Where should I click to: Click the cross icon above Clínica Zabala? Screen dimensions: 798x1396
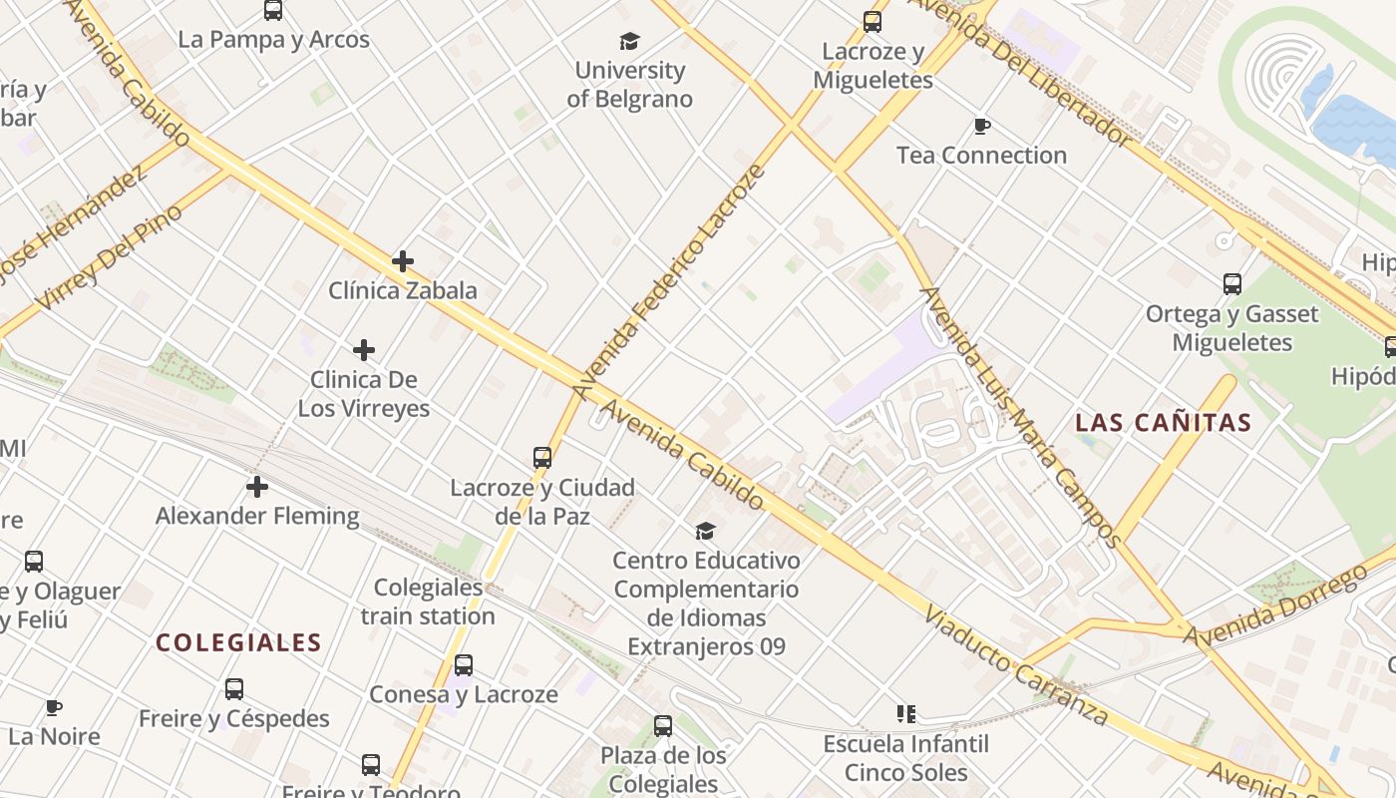[403, 261]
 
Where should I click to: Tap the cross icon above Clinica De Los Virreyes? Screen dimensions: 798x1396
[364, 350]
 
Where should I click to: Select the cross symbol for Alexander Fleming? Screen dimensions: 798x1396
[257, 487]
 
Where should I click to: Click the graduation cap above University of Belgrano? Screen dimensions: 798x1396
[629, 41]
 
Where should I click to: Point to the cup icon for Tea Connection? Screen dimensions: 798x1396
[982, 126]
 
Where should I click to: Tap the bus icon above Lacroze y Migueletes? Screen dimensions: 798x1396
[872, 21]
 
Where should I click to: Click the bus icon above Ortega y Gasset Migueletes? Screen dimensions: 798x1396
[1232, 284]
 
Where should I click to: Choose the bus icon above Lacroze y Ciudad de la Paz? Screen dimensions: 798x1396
[542, 458]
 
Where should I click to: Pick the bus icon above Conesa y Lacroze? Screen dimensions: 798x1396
[464, 665]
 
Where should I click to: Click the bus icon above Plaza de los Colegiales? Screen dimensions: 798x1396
[663, 726]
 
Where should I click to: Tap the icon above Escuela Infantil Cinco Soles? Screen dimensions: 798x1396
[906, 713]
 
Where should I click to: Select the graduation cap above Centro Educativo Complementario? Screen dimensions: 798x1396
[706, 531]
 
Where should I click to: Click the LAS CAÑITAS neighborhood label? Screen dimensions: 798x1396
[1163, 422]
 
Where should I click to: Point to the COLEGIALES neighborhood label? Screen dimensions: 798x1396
[238, 642]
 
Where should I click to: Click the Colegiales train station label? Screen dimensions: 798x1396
[428, 601]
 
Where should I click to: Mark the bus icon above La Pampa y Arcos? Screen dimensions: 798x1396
[273, 11]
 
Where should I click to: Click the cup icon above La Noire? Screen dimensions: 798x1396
[54, 708]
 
